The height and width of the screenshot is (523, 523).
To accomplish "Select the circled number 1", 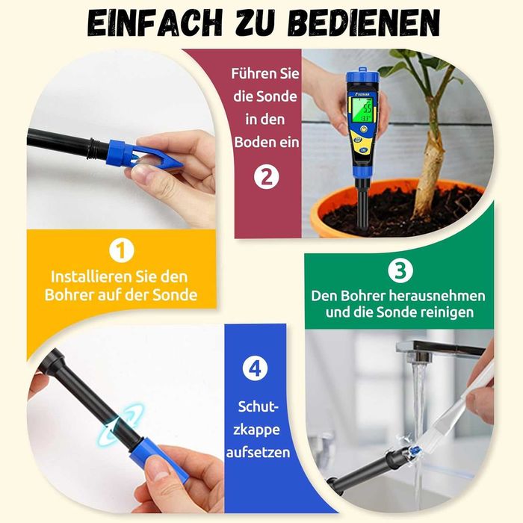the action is coord(121,250).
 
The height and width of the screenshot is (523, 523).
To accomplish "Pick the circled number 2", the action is coord(266,177).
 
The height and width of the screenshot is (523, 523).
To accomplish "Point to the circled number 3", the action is coord(400,270).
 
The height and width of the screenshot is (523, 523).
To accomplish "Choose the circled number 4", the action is coord(256,369).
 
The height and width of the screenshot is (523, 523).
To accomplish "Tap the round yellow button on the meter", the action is coord(363,129).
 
